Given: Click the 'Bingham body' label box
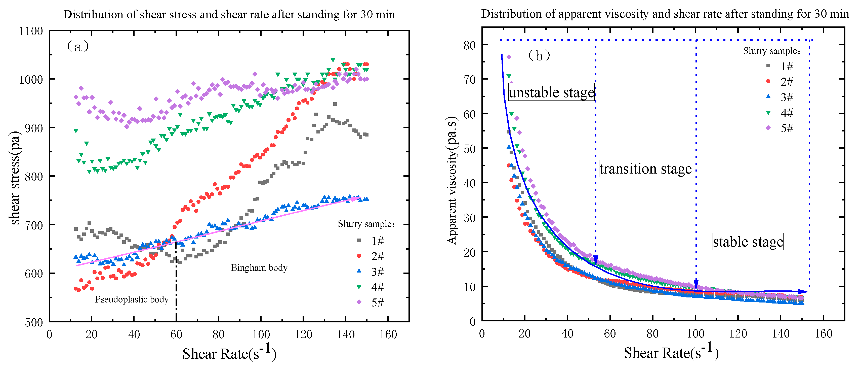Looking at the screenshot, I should pyautogui.click(x=259, y=266).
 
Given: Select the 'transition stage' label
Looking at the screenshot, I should pyautogui.click(x=645, y=169).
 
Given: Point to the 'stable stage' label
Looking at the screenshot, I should pyautogui.click(x=748, y=242).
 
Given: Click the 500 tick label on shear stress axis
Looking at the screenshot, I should pyautogui.click(x=33, y=322).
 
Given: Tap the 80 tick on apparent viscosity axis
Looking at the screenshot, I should pyautogui.click(x=469, y=45).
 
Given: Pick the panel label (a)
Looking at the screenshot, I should pyautogui.click(x=78, y=47).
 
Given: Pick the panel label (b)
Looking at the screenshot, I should pyautogui.click(x=539, y=55).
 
